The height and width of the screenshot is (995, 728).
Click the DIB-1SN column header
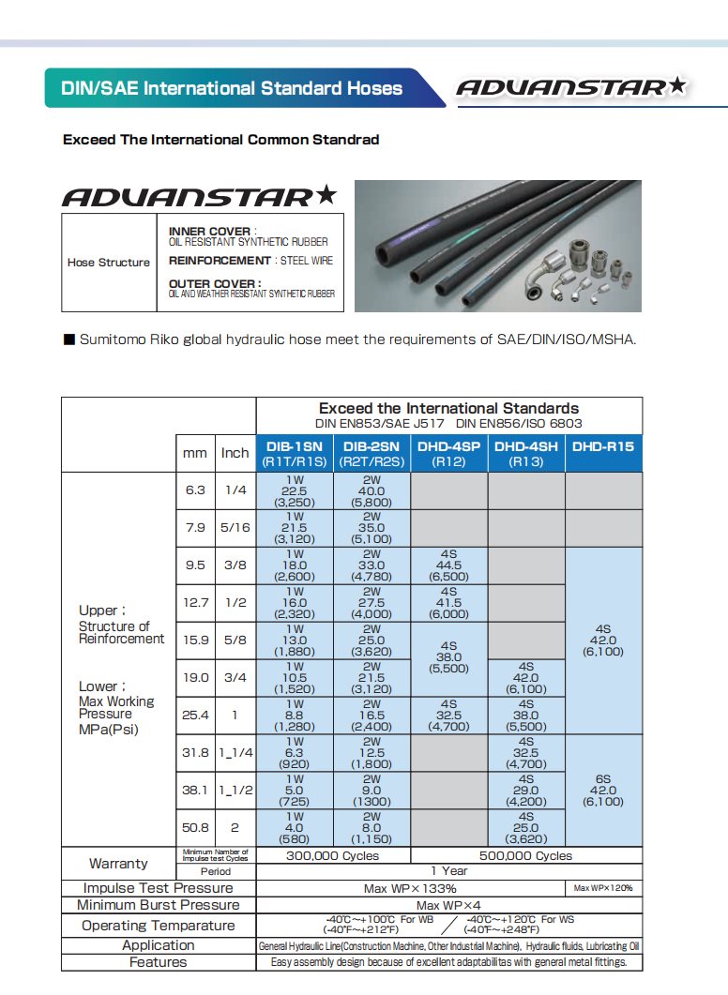[295, 453]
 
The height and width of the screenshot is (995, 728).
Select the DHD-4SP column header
[448, 453]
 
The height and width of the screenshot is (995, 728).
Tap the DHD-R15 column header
[603, 447]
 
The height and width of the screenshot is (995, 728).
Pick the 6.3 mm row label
[195, 490]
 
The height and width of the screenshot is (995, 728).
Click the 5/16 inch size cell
[235, 527]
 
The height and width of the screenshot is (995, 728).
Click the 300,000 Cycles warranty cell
[333, 855]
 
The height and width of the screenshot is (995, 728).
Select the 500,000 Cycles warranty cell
[525, 855]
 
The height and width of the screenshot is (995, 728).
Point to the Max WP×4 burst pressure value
[448, 905]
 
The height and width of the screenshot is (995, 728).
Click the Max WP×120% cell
[603, 888]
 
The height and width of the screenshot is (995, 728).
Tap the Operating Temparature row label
[158, 926]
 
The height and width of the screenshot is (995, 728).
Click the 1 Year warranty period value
[448, 871]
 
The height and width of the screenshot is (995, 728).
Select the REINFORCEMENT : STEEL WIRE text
[250, 261]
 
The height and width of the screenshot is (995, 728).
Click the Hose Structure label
[108, 263]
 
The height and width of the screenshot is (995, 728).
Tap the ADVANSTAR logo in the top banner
[570, 88]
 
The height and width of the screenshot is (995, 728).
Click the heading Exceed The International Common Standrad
[220, 140]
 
